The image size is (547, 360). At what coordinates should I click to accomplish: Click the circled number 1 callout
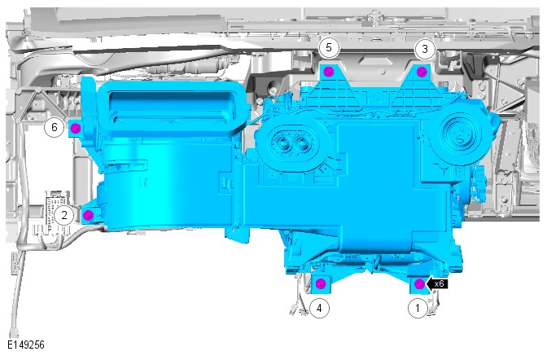pyautogui.click(x=418, y=308)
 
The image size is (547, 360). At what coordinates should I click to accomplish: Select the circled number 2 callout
pyautogui.click(x=63, y=215)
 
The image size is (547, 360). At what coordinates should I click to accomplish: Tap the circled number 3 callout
pyautogui.click(x=425, y=49)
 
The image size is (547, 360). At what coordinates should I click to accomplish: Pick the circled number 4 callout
pyautogui.click(x=319, y=308)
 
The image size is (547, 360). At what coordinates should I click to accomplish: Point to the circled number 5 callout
pyautogui.click(x=329, y=47)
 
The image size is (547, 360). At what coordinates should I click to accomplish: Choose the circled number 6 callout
pyautogui.click(x=54, y=127)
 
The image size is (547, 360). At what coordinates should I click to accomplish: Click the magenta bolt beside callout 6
pyautogui.click(x=76, y=129)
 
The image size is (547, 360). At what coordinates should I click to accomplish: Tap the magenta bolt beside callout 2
pyautogui.click(x=89, y=215)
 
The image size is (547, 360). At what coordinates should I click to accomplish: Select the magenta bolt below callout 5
pyautogui.click(x=329, y=72)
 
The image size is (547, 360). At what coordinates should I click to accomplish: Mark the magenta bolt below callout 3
pyautogui.click(x=422, y=72)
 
